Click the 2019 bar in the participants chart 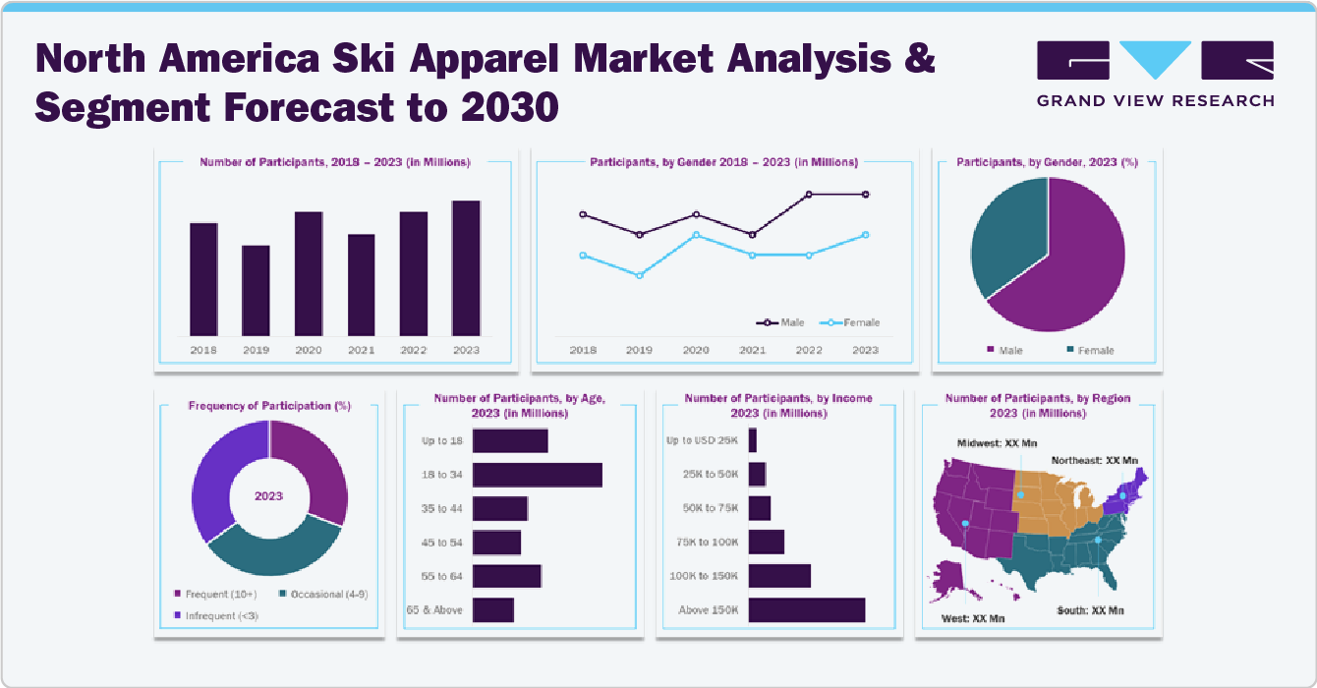(256, 290)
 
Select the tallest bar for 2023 (466, 267)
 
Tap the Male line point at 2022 (809, 195)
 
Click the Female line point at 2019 (640, 275)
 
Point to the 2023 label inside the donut (268, 495)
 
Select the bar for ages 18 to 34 (537, 475)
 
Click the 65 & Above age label (433, 610)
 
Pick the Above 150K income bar (806, 610)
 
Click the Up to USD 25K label (701, 440)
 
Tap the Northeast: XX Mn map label (1094, 460)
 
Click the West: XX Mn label (973, 618)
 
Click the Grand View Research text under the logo (1155, 100)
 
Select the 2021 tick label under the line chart (752, 350)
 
